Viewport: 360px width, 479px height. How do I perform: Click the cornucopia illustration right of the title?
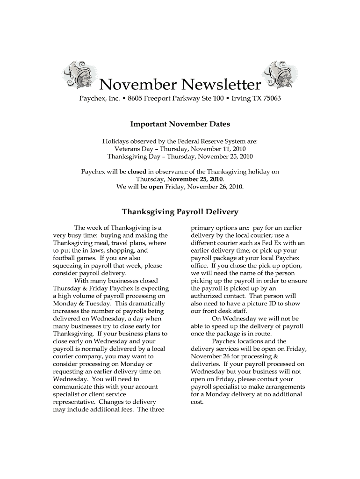tap(280, 75)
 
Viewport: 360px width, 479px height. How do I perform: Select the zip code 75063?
tap(271, 100)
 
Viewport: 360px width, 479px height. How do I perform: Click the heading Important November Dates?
tap(180, 124)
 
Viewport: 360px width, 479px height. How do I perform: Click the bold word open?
tap(155, 187)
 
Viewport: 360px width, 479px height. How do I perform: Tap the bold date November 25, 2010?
tap(195, 179)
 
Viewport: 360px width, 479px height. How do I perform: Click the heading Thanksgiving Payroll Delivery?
tap(180, 212)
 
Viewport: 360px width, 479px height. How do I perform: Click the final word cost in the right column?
tap(197, 401)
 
